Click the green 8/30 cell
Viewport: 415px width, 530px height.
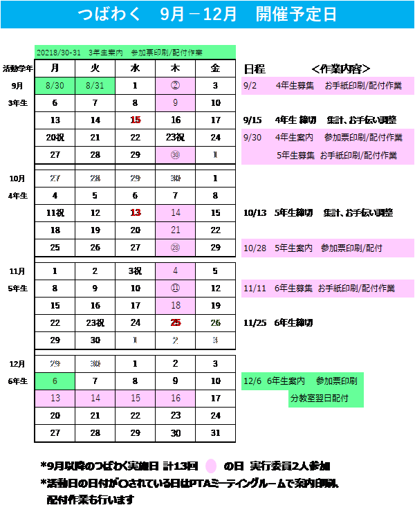(55, 86)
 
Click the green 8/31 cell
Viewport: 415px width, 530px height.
(95, 86)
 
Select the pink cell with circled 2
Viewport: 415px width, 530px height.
(176, 86)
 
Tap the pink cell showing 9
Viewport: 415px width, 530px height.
(176, 103)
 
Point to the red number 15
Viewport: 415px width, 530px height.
(136, 120)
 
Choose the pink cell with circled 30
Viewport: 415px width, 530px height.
(176, 155)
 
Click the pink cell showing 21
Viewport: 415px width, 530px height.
(176, 230)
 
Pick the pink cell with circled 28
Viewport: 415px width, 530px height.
(176, 247)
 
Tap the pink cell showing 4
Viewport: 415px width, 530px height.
(176, 271)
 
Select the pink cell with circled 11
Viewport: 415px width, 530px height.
(176, 288)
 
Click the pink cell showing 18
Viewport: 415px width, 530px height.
(176, 305)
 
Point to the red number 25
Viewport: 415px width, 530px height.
(176, 322)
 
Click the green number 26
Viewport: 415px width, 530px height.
(215, 322)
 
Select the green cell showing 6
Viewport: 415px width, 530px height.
(55, 381)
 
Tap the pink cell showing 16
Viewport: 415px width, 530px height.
(176, 398)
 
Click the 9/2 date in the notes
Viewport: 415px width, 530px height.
(250, 86)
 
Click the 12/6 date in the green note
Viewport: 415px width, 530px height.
(252, 381)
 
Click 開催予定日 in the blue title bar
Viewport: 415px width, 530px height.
(296, 14)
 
